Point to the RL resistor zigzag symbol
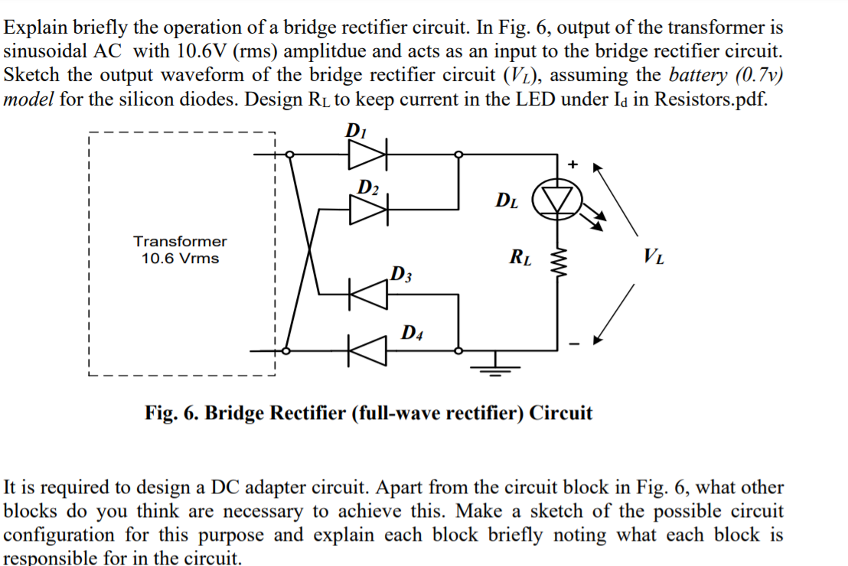coord(556,262)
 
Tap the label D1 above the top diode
coord(357,130)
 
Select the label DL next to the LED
coord(507,201)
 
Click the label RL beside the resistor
coord(521,257)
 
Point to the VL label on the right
coord(654,255)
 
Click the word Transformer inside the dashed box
coord(181,241)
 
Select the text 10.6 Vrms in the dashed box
coord(181,259)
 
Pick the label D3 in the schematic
coord(401,273)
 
